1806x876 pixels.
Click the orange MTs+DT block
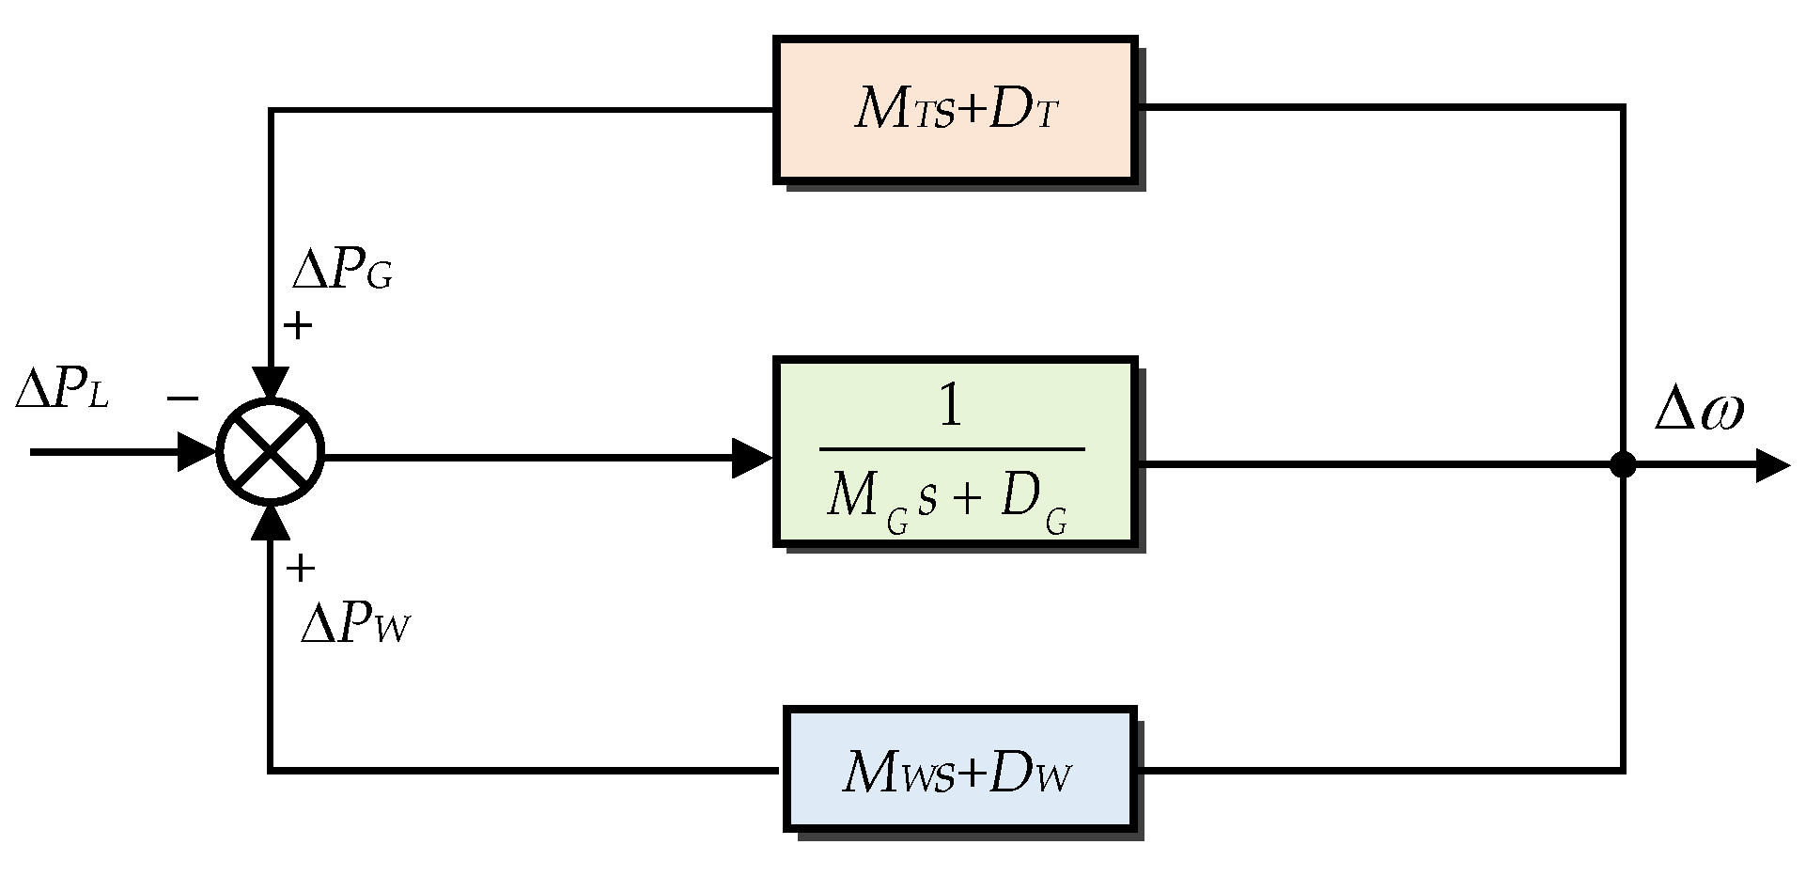(955, 110)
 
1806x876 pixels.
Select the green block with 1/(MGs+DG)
(955, 451)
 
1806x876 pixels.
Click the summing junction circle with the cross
(271, 452)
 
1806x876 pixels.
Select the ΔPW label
(355, 624)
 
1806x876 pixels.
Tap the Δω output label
(1699, 411)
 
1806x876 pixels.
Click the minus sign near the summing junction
(182, 399)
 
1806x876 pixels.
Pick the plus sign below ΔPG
(298, 326)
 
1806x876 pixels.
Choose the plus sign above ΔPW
(300, 568)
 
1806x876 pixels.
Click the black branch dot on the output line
(1623, 464)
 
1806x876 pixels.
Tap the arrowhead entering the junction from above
(272, 384)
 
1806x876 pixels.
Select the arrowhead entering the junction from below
(272, 523)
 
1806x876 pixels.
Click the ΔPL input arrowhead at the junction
(197, 452)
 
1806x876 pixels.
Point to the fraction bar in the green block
(951, 449)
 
